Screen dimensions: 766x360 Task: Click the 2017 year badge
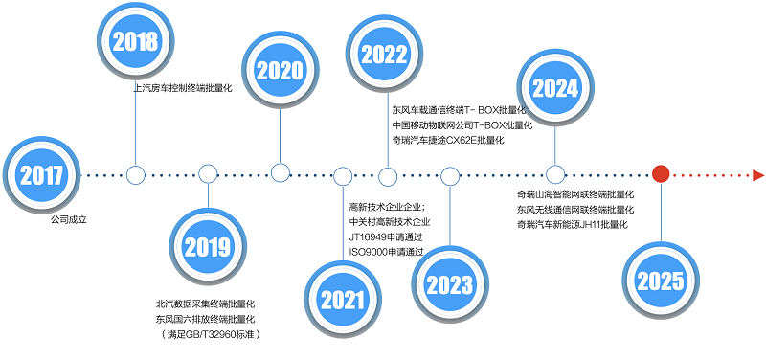point(41,174)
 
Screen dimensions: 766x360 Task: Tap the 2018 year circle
point(135,41)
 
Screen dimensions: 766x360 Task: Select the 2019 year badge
point(208,246)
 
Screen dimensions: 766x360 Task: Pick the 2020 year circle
point(280,70)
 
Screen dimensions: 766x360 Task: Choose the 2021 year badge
point(343,299)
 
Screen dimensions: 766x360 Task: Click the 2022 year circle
point(384,55)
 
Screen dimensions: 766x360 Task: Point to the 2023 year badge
point(449,284)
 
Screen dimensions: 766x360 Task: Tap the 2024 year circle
point(555,88)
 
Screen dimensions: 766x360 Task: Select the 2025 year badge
point(661,280)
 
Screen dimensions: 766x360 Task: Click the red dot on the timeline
point(661,174)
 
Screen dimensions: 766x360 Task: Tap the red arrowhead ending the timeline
point(758,175)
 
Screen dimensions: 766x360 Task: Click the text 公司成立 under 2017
point(68,220)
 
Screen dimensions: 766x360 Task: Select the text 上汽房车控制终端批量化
point(183,89)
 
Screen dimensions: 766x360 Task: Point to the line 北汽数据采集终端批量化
point(205,304)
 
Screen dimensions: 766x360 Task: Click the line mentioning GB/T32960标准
point(209,334)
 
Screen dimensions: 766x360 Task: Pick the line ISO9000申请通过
point(386,252)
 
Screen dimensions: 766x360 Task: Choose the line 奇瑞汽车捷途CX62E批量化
point(447,141)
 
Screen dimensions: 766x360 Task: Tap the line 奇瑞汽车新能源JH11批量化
point(572,225)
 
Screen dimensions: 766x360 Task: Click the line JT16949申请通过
point(386,236)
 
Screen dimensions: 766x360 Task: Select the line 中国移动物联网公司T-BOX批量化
point(462,125)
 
